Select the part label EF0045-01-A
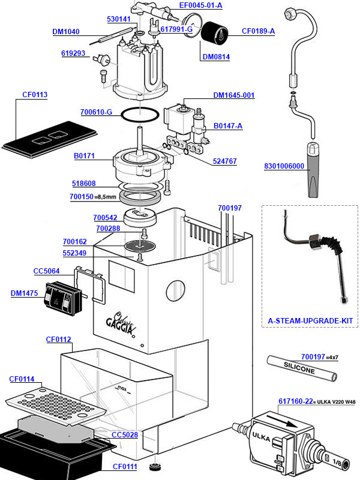coord(200,5)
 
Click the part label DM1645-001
coord(234,95)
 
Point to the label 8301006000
coord(284,166)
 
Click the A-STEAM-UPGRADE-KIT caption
coord(310,322)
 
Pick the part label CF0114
coord(22,379)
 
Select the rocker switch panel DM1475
coord(63,298)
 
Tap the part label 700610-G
coord(96,112)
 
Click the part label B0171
coord(83,156)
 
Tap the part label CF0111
coord(125,466)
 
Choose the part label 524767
coord(225,161)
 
